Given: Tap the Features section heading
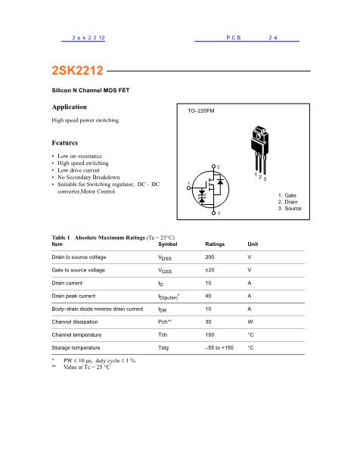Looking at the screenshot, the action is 65,142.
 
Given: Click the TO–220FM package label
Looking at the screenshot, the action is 201,110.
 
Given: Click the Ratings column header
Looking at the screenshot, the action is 216,244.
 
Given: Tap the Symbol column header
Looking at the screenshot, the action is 168,244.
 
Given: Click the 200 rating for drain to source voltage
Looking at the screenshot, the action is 209,257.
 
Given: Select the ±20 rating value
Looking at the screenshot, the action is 210,270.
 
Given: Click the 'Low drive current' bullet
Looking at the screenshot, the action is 81,170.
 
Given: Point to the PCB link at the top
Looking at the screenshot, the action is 234,37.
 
